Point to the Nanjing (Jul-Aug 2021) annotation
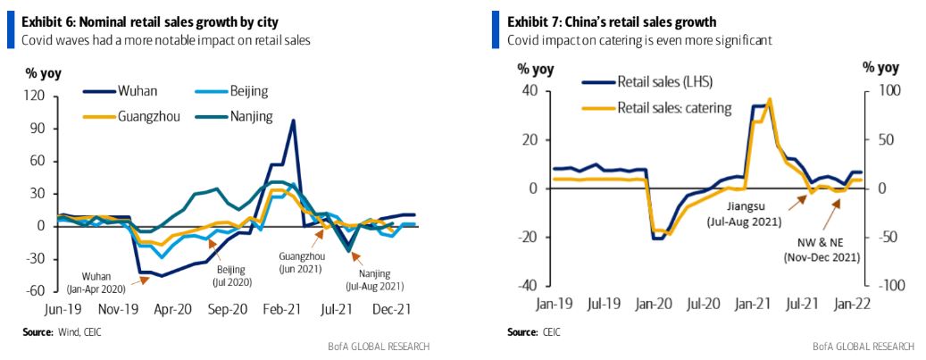[374, 280]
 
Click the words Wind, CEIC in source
[86, 332]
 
